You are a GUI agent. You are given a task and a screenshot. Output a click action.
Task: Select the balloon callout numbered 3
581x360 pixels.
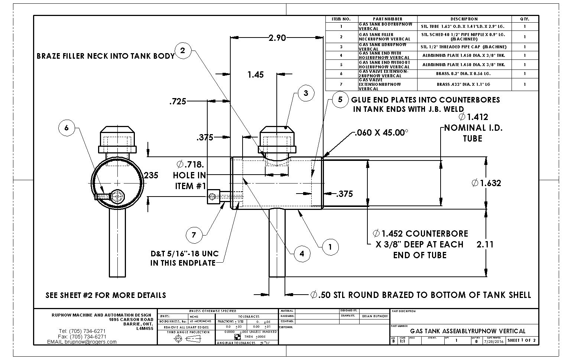[306, 93]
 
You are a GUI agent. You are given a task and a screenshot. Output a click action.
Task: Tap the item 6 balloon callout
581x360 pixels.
[66, 128]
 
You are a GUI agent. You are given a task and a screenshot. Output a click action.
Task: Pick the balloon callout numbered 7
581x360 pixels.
[194, 235]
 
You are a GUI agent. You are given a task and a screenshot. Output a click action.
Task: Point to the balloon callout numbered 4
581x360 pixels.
[302, 254]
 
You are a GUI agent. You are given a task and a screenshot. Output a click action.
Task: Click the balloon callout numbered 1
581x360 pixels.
[330, 246]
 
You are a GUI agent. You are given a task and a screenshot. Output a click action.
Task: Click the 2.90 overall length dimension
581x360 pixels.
[277, 38]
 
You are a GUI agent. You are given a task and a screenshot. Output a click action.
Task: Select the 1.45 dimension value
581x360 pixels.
[256, 75]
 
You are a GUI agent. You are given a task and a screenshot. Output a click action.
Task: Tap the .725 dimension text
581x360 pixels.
[178, 101]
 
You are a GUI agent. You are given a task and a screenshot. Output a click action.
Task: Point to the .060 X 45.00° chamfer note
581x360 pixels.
[381, 133]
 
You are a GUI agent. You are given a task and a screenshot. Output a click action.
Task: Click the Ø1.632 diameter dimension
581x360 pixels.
[486, 183]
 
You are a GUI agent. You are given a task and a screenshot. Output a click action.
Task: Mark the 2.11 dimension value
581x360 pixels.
[485, 244]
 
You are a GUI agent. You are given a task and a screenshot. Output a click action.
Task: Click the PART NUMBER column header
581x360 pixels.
[387, 19]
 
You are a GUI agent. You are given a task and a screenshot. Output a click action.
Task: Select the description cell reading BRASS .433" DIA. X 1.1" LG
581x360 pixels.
[463, 84]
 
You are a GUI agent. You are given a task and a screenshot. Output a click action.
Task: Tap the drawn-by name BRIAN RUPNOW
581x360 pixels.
[375, 316]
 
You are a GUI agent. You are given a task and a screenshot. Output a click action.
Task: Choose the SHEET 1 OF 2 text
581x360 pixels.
[522, 340]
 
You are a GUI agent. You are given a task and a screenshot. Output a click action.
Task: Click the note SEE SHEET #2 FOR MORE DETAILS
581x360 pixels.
[106, 295]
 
